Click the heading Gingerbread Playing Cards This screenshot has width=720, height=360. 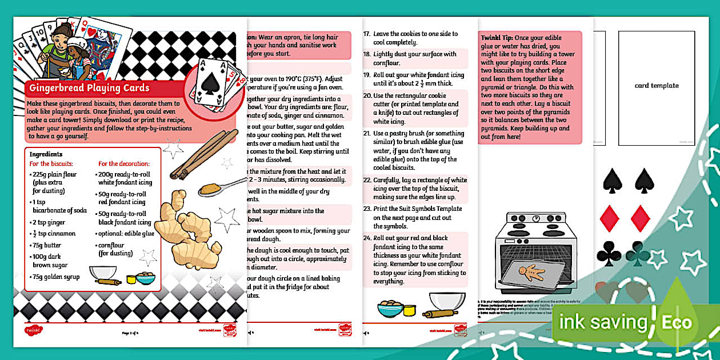pos(89,88)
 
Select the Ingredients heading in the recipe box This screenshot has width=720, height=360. pos(46,154)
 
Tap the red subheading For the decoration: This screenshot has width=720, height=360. pos(124,163)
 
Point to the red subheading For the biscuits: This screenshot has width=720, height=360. pos(51,163)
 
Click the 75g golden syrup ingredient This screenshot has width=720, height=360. pos(55,277)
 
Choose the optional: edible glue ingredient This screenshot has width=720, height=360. pos(126,233)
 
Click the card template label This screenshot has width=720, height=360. pos(657,86)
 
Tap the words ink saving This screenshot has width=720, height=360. pos(602,322)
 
